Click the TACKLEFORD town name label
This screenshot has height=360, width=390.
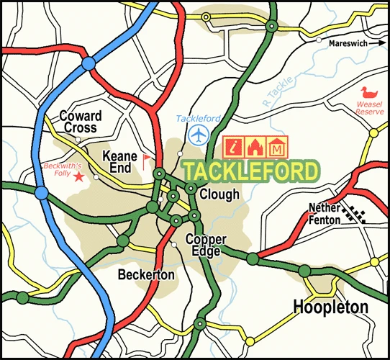point(250,172)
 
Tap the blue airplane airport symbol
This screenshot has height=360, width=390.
point(198,135)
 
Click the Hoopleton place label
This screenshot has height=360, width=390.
point(331,307)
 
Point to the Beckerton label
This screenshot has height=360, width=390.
point(146,275)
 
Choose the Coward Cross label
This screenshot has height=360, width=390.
point(81,122)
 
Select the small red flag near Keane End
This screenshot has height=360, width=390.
point(147,159)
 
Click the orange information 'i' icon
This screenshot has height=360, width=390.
point(232,147)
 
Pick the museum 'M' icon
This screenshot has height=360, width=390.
point(277,147)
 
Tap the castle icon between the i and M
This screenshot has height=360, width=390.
point(255,147)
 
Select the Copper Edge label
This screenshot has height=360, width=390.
point(206,245)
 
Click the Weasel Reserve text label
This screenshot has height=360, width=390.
point(368,108)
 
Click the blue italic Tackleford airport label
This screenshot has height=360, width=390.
point(198,118)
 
